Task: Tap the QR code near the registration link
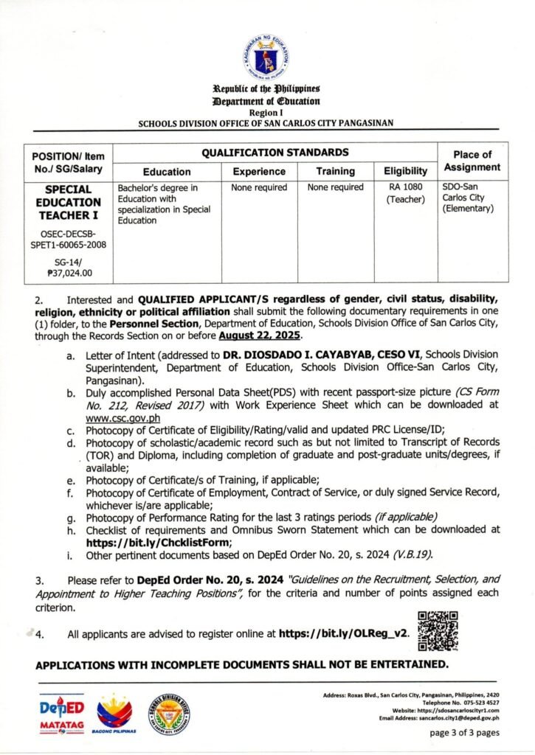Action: [438, 631]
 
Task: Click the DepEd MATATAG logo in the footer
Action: [61, 714]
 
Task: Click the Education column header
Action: [167, 172]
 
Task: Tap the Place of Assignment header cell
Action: [471, 161]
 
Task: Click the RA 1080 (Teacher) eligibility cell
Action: [406, 193]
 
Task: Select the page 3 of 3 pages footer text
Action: [464, 733]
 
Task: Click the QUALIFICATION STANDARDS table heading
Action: [275, 153]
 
